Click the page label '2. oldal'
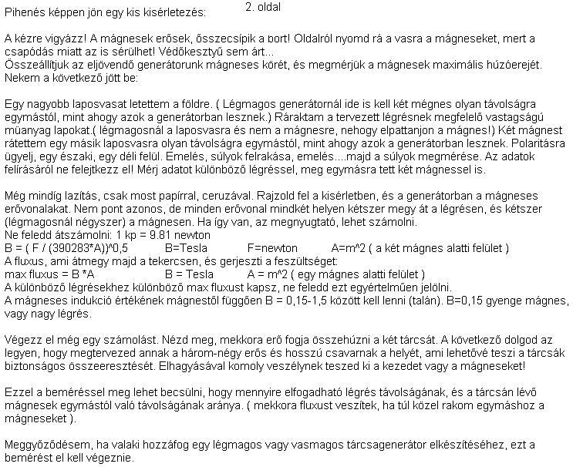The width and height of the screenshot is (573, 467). tap(263, 7)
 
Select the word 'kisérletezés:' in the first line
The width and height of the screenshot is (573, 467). tap(175, 13)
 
